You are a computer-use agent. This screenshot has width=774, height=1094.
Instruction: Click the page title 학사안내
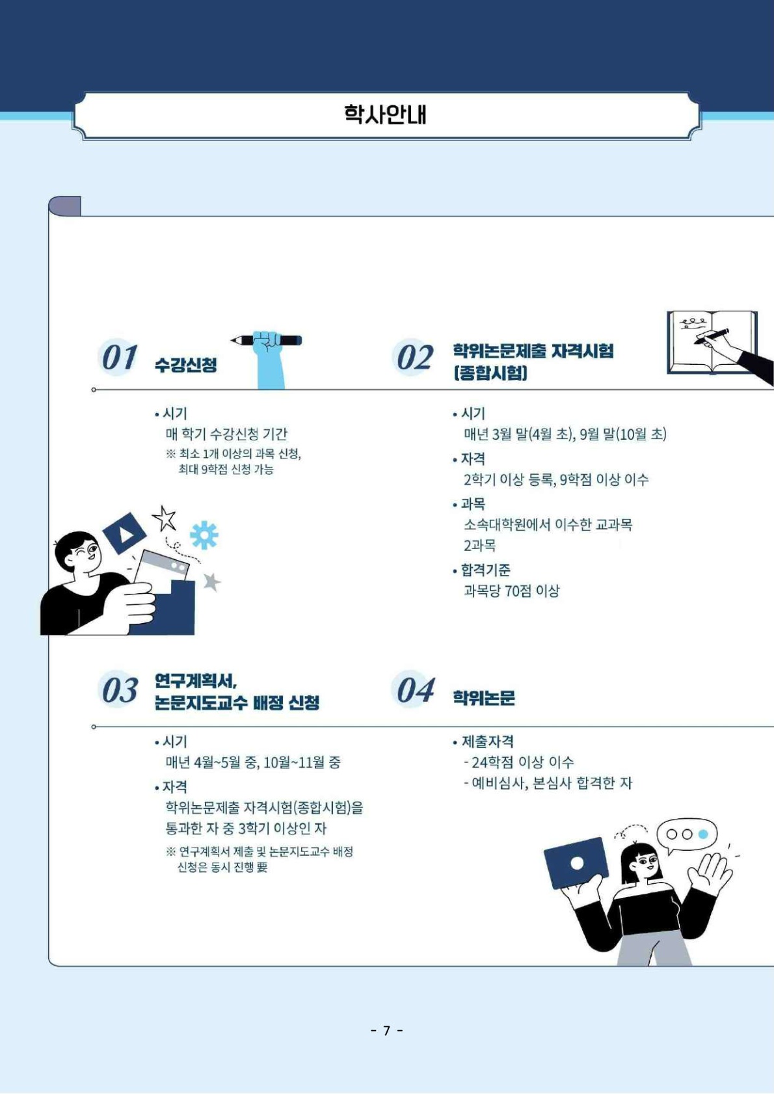[x=385, y=114]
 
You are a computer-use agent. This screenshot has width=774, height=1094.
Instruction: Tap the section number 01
[x=119, y=357]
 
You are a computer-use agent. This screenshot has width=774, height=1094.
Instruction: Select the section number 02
[x=414, y=357]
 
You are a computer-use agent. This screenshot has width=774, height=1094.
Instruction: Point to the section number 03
[x=119, y=691]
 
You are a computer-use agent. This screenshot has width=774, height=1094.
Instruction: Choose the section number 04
[x=414, y=691]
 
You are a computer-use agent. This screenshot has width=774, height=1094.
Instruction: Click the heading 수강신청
[x=185, y=364]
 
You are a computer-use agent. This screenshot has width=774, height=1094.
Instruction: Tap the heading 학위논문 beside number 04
[x=483, y=698]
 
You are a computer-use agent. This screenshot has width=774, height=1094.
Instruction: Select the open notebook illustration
[x=712, y=343]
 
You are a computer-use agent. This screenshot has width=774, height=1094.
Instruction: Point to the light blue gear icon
[x=204, y=535]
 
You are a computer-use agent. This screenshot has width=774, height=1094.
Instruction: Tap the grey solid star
[x=211, y=581]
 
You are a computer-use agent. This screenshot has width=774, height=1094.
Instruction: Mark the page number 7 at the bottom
[x=387, y=1030]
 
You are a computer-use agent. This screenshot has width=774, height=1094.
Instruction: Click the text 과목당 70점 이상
[x=511, y=591]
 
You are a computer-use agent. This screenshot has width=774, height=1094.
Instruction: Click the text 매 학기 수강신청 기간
[x=226, y=434]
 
